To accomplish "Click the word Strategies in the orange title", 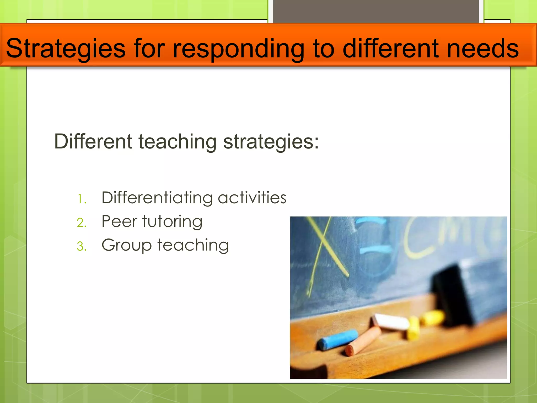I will tap(66, 49).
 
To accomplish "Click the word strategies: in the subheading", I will tap(271, 142).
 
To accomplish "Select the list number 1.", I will tap(82, 199).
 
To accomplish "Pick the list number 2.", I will tap(82, 223).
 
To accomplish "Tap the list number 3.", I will tap(82, 246).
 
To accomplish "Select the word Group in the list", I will tap(126, 245).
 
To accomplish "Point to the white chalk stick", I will tap(391, 322).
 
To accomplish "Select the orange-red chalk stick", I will tap(363, 341).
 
